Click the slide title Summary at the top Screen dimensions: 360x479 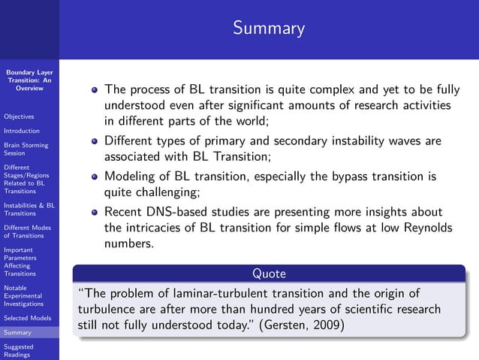point(268,29)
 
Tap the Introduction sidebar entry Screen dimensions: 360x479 point(21,131)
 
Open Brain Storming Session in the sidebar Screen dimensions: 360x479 point(26,149)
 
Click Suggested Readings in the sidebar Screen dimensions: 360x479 point(19,351)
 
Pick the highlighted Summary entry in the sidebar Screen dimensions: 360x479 point(17,332)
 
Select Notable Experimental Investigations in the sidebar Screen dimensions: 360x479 point(23,295)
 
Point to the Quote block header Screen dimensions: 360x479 point(268,274)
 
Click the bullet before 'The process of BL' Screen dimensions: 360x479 point(95,89)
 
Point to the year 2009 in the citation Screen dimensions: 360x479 point(328,326)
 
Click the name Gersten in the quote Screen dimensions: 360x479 point(286,326)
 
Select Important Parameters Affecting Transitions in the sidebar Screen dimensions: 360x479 point(21,262)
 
